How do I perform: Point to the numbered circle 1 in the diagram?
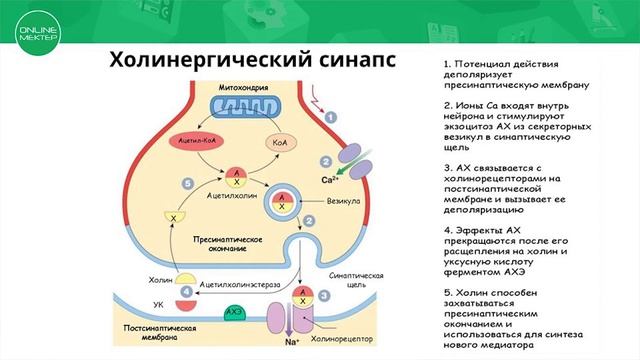[331, 117]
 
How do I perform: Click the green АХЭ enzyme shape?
[236, 313]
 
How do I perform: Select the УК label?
[157, 303]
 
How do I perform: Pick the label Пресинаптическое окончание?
[227, 246]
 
